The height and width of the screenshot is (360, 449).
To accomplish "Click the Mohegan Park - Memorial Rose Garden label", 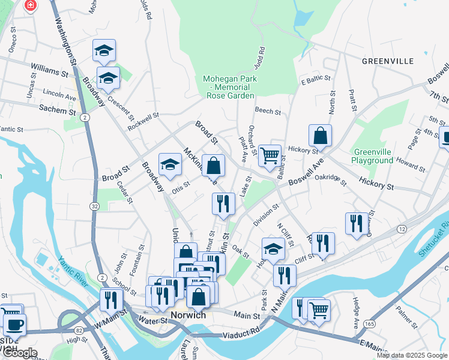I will click(x=230, y=87).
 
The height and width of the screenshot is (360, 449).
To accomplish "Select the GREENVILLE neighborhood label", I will click(x=388, y=61).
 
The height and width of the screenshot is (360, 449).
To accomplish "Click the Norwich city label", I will click(x=188, y=315).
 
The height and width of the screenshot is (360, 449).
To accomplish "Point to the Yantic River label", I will click(x=73, y=269).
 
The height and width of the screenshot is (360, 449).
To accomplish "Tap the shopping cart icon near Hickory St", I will click(x=270, y=155).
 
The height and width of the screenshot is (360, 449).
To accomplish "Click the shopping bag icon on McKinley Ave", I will click(x=213, y=166).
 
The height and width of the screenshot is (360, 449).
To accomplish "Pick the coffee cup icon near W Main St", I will click(x=14, y=324).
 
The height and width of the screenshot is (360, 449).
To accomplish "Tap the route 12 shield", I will click(x=402, y=230).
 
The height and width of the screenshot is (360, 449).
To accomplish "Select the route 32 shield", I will click(x=95, y=206).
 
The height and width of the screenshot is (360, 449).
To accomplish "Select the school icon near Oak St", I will click(x=273, y=248).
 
